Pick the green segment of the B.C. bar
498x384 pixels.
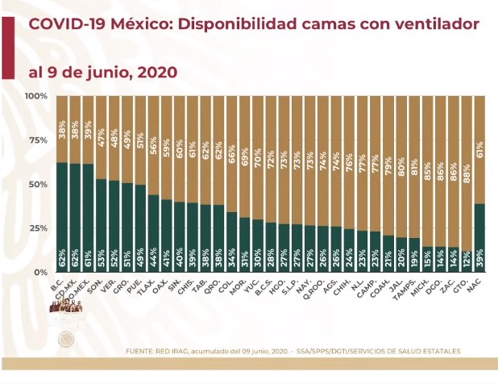tap(61, 218)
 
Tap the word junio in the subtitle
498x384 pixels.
tap(101, 72)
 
